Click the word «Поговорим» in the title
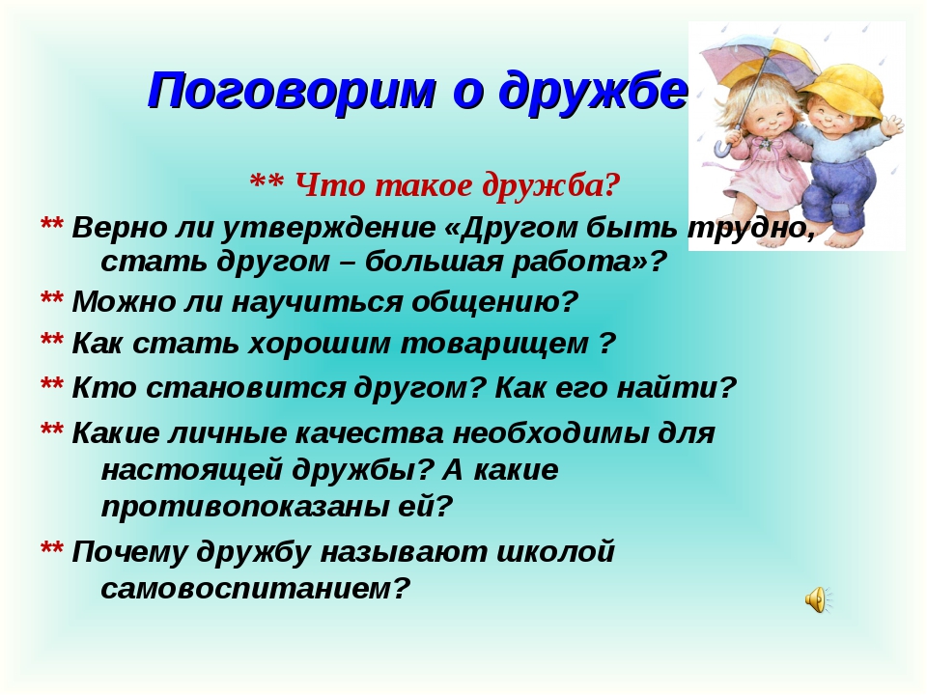point(292,90)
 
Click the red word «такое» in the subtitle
point(423,185)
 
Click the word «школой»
point(556,552)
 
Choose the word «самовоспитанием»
point(255,588)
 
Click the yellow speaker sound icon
point(818,599)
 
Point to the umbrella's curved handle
point(722,147)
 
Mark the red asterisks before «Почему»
point(51,549)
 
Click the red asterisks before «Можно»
point(51,299)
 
